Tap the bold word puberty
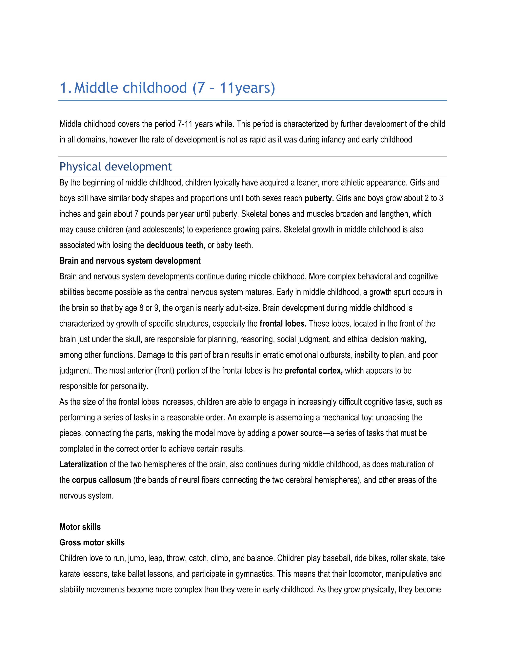click(319, 199)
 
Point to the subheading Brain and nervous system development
click(130, 261)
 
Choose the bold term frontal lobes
click(283, 324)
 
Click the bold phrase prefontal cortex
click(313, 371)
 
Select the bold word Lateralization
click(83, 465)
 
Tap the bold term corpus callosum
click(101, 480)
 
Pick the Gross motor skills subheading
click(92, 543)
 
